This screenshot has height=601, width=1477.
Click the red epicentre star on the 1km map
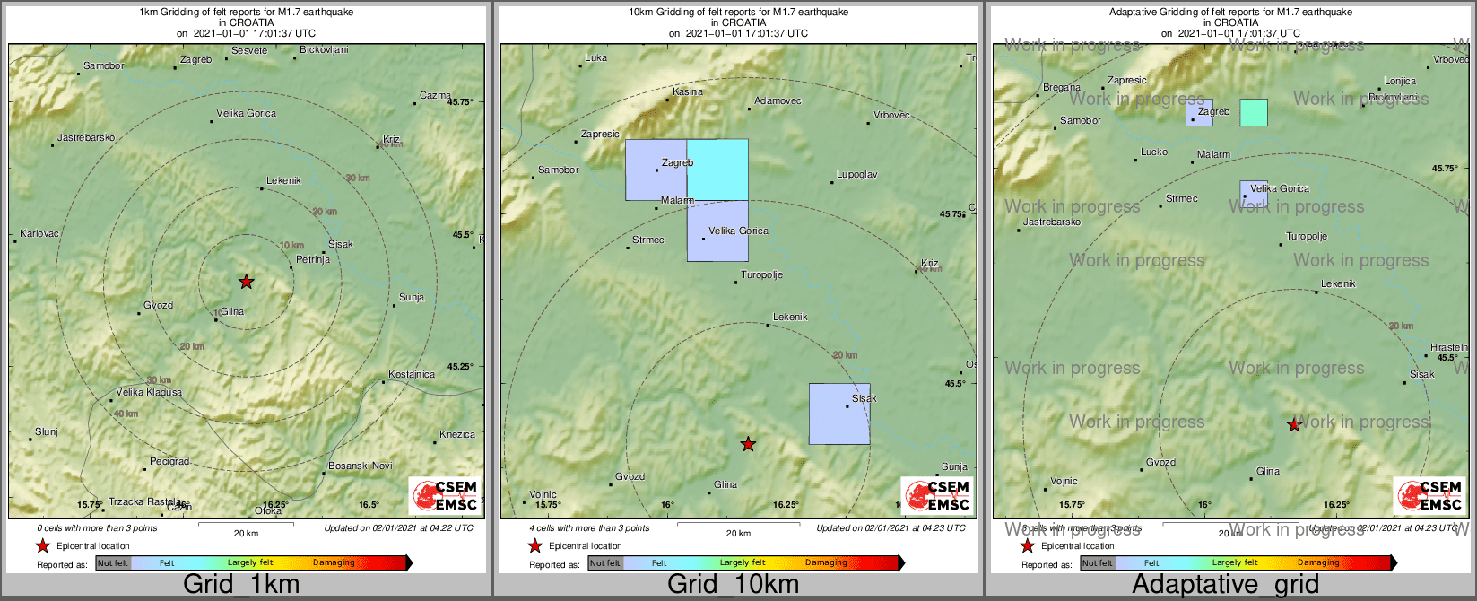point(246,282)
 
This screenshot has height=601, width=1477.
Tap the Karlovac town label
point(39,234)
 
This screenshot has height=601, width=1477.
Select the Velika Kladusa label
point(149,392)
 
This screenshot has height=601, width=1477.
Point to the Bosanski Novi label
point(361,466)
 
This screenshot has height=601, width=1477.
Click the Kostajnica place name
point(412,374)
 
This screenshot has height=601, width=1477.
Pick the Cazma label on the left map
point(435,96)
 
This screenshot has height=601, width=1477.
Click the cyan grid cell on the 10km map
point(717,170)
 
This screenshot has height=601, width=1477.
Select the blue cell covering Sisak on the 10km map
point(839,414)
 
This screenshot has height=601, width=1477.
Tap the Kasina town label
point(688,91)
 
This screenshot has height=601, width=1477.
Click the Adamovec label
point(778,101)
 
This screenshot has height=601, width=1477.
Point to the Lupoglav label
point(856,174)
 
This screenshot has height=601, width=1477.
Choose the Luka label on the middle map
point(595,57)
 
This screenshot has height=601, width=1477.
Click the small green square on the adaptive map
point(1254,112)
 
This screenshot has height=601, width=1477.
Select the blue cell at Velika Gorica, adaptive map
point(1255,194)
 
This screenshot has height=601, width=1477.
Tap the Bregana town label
point(1062,88)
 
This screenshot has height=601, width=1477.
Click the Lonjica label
point(1400,81)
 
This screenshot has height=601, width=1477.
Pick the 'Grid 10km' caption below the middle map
point(733,585)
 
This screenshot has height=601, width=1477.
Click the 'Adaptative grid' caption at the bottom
point(1225,585)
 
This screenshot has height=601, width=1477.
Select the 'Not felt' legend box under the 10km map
point(605,563)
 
